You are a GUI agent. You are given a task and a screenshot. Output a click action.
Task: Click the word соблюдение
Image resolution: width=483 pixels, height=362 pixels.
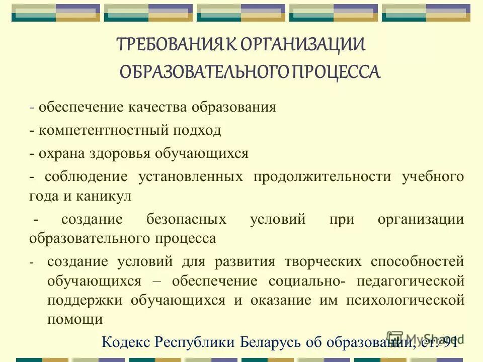[x=84, y=176]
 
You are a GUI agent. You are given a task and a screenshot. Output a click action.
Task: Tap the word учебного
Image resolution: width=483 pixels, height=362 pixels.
[x=433, y=176]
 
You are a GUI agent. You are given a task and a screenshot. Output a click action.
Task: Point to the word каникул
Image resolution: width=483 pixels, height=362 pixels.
[x=104, y=196]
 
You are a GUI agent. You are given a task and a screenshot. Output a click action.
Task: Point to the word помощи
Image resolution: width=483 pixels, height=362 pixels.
[x=75, y=319]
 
